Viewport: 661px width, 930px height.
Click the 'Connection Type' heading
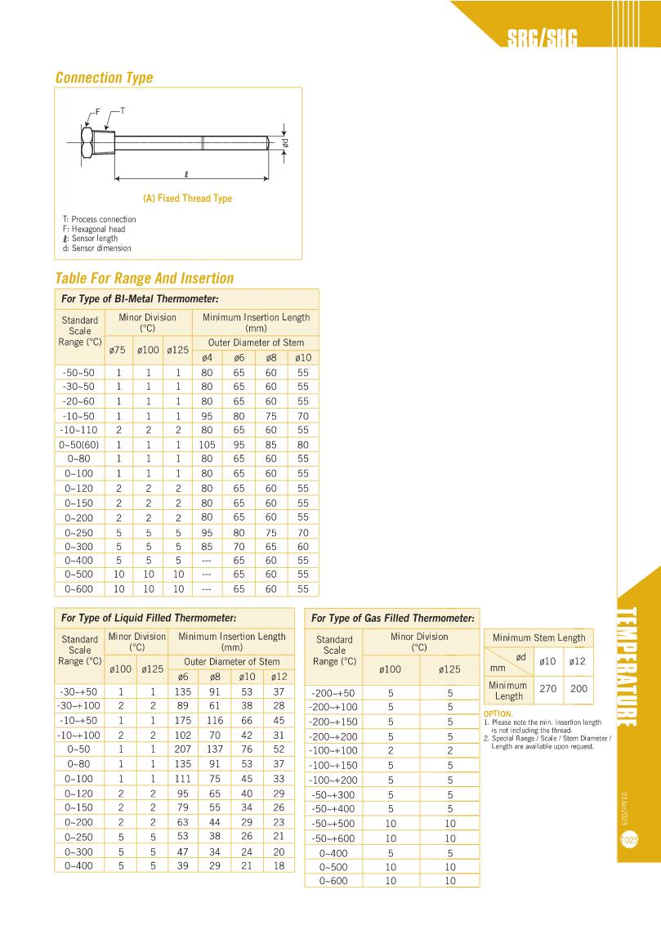[x=104, y=78]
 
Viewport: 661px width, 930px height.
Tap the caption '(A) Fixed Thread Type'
[x=187, y=199]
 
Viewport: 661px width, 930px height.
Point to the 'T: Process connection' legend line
[x=99, y=220]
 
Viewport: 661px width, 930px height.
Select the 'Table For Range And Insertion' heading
[x=144, y=278]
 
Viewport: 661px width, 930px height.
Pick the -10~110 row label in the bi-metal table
[x=81, y=430]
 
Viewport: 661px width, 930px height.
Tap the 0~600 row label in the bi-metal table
[x=81, y=588]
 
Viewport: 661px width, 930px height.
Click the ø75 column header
[x=118, y=351]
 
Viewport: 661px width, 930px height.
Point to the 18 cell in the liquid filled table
[x=279, y=865]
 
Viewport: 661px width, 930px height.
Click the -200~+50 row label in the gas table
[x=334, y=693]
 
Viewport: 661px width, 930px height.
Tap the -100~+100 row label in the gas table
[x=334, y=750]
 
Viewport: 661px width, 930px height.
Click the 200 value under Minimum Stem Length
[x=578, y=689]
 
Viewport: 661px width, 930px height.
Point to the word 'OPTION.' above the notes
[x=498, y=713]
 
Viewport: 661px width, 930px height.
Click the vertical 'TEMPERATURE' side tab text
[x=628, y=666]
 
